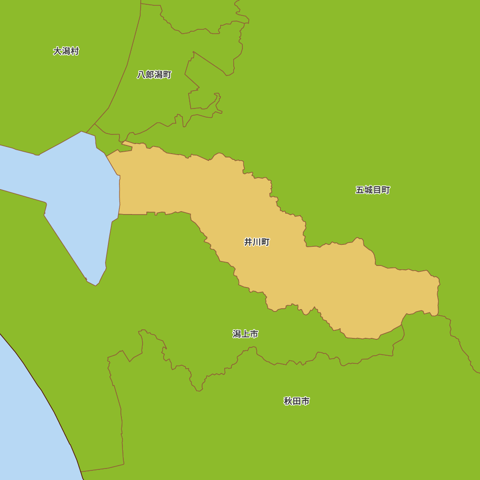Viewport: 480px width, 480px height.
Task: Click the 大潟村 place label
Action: click(x=66, y=51)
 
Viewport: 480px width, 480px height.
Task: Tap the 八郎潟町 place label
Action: click(x=154, y=74)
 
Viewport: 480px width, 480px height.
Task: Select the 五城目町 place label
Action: click(x=373, y=190)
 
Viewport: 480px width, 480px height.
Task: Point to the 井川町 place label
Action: click(x=257, y=242)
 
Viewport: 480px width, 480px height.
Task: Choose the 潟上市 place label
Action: click(x=245, y=334)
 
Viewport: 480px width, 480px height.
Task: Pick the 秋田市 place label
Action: click(x=297, y=401)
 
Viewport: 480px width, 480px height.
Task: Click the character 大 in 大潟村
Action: click(x=57, y=51)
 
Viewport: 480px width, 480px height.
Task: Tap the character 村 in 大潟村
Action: click(x=74, y=51)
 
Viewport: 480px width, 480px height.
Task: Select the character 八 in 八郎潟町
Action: click(x=141, y=74)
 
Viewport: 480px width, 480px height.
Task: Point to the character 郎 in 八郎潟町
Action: click(x=150, y=74)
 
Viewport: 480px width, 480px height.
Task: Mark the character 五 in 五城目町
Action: click(x=360, y=190)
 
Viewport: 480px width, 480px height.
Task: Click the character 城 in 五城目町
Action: click(x=369, y=190)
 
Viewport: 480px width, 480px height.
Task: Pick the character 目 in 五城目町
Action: click(x=377, y=190)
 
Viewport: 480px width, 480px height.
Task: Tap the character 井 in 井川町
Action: click(x=248, y=242)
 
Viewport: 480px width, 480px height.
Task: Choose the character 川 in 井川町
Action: click(x=257, y=242)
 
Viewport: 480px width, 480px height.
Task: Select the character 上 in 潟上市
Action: click(x=245, y=334)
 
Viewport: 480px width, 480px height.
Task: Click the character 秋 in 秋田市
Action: click(x=288, y=401)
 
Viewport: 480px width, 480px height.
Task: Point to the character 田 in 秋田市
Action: click(x=297, y=401)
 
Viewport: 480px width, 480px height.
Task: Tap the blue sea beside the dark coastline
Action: click(x=24, y=422)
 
